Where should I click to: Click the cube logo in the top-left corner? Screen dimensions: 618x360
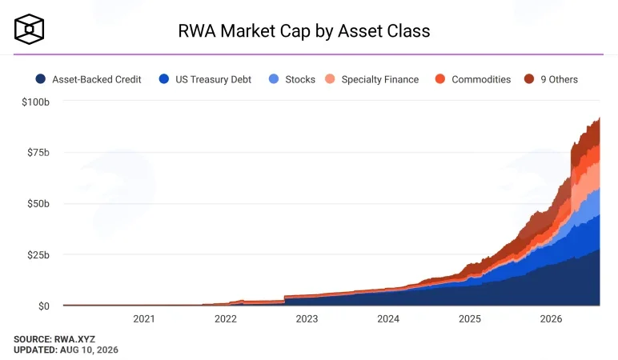coord(29,29)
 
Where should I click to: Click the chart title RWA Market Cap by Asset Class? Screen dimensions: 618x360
coord(304,31)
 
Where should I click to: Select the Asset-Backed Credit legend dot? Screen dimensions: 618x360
coord(40,79)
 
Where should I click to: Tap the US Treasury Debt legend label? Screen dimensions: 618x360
coord(213,79)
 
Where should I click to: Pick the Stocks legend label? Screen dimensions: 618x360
coord(300,79)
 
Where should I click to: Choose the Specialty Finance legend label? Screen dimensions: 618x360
coord(380,79)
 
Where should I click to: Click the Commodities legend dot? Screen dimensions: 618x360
coord(439,79)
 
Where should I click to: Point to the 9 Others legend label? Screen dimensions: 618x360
coord(560,79)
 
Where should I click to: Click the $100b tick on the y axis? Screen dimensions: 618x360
coord(35,102)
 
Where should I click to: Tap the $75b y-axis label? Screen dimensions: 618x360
coord(38,153)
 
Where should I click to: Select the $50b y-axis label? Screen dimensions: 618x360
coord(38,204)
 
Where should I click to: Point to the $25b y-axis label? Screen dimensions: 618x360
coord(38,255)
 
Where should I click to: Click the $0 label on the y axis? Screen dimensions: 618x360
coord(44,306)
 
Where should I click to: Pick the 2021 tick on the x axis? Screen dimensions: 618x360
coord(144,318)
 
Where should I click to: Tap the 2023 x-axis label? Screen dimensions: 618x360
coord(307,318)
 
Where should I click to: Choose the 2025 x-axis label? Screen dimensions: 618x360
coord(469,318)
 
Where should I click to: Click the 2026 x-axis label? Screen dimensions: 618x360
coord(551,318)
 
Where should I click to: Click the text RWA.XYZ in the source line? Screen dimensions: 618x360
coord(74,339)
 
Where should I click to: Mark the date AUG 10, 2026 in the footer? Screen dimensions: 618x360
coord(89,350)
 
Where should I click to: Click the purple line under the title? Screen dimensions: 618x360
coord(309,54)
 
